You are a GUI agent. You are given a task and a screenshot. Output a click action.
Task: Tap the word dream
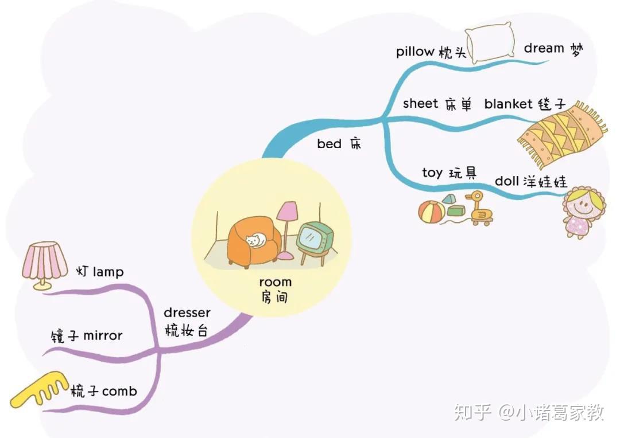click(x=544, y=49)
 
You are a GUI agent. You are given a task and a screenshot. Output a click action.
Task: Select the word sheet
click(x=421, y=103)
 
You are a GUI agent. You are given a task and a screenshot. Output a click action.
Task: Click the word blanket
click(x=509, y=104)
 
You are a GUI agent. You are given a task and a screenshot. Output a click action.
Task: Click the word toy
click(x=432, y=173)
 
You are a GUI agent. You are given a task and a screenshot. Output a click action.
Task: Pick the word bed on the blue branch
click(x=329, y=144)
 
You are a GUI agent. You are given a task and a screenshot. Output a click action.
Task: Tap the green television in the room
click(x=313, y=237)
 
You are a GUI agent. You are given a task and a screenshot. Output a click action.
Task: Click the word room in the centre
click(x=275, y=282)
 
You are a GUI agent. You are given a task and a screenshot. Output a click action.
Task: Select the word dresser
click(x=187, y=312)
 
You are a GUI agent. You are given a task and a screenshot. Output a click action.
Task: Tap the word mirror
click(x=103, y=335)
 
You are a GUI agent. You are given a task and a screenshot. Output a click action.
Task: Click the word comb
click(x=119, y=392)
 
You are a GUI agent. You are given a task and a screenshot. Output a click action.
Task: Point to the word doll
click(x=507, y=181)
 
